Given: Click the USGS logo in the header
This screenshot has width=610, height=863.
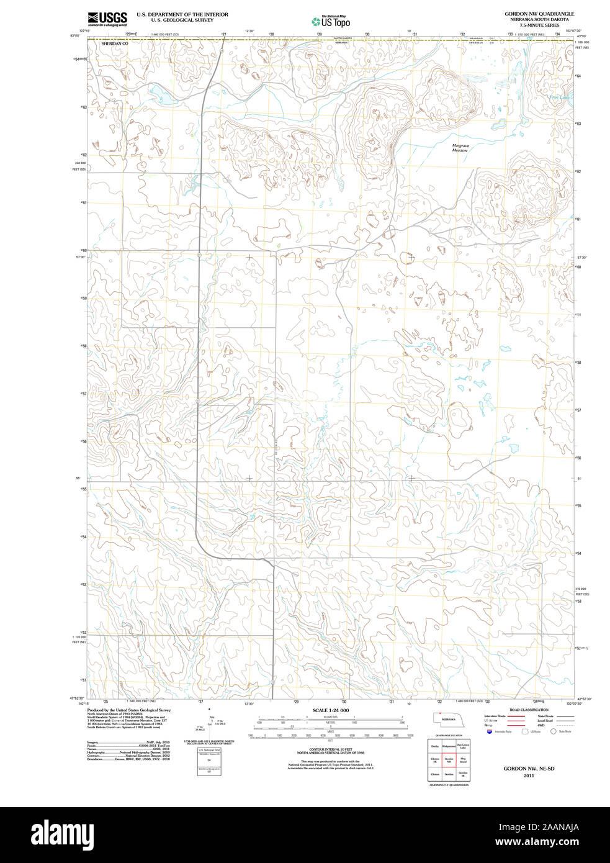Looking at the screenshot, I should [107, 19].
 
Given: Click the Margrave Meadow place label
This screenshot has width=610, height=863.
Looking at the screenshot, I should [460, 148].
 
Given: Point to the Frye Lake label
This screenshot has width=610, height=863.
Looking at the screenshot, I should [558, 97].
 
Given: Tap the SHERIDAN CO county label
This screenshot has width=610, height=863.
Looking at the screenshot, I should [115, 44].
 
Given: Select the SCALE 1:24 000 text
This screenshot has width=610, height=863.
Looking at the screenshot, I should [330, 710].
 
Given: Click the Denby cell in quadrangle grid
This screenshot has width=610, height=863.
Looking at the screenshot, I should [435, 746].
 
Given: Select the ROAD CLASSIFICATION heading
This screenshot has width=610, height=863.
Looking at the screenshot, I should [529, 710].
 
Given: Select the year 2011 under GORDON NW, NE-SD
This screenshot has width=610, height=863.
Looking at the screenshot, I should [529, 775].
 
